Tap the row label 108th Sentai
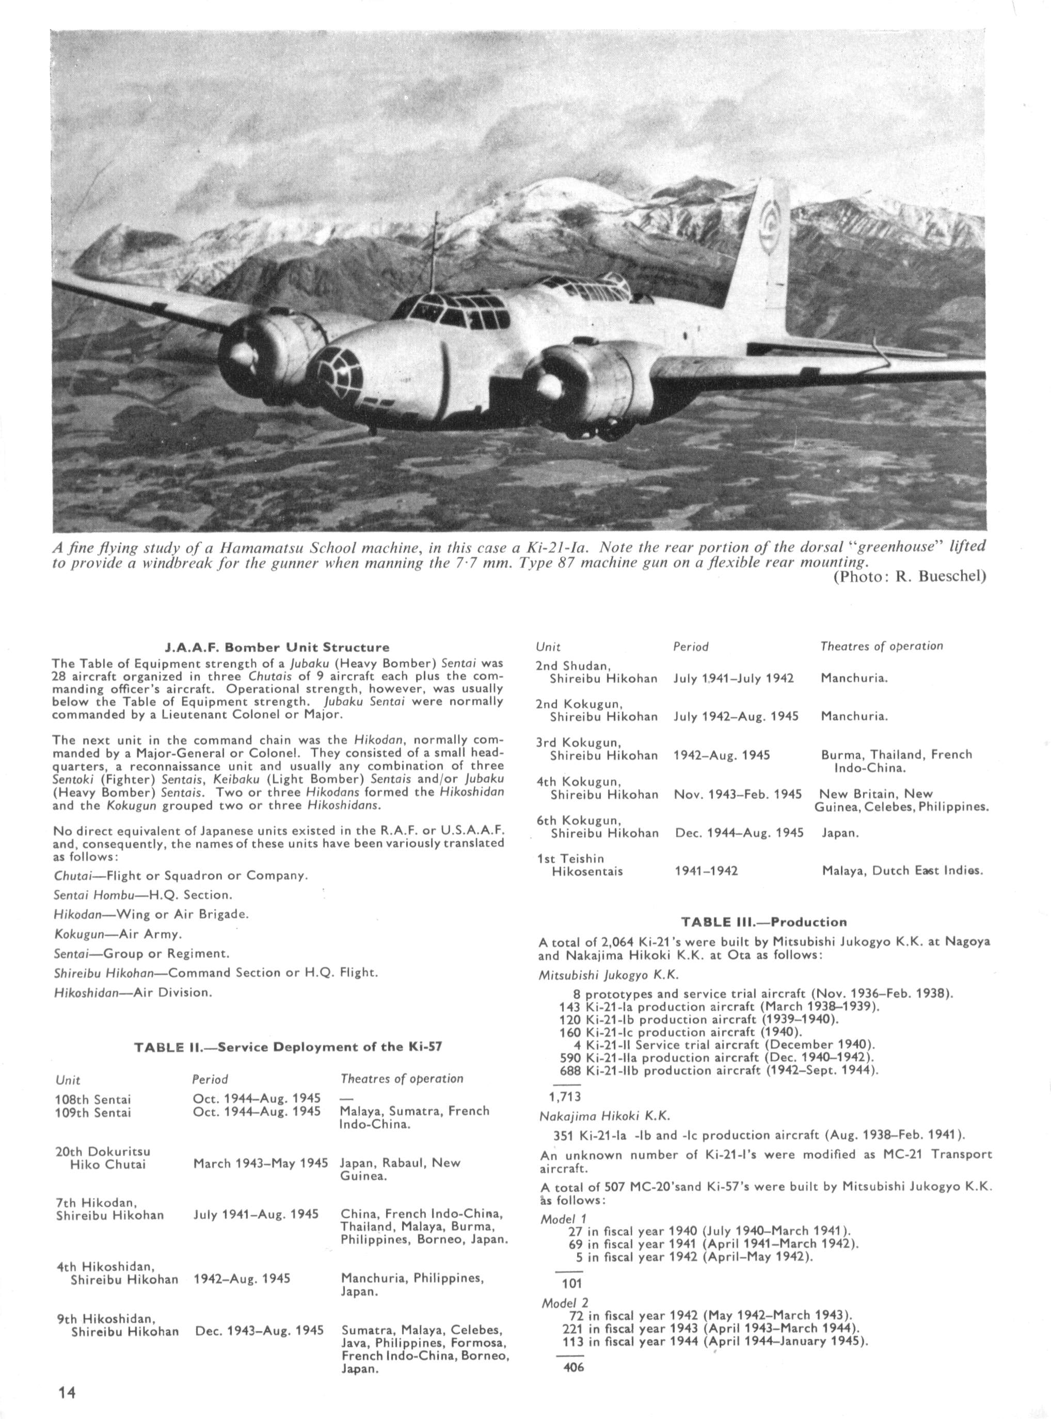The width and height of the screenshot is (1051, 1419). tap(93, 1099)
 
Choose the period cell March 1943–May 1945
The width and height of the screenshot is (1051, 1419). tap(260, 1163)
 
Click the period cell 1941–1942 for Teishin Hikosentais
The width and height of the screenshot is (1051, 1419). tap(706, 871)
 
